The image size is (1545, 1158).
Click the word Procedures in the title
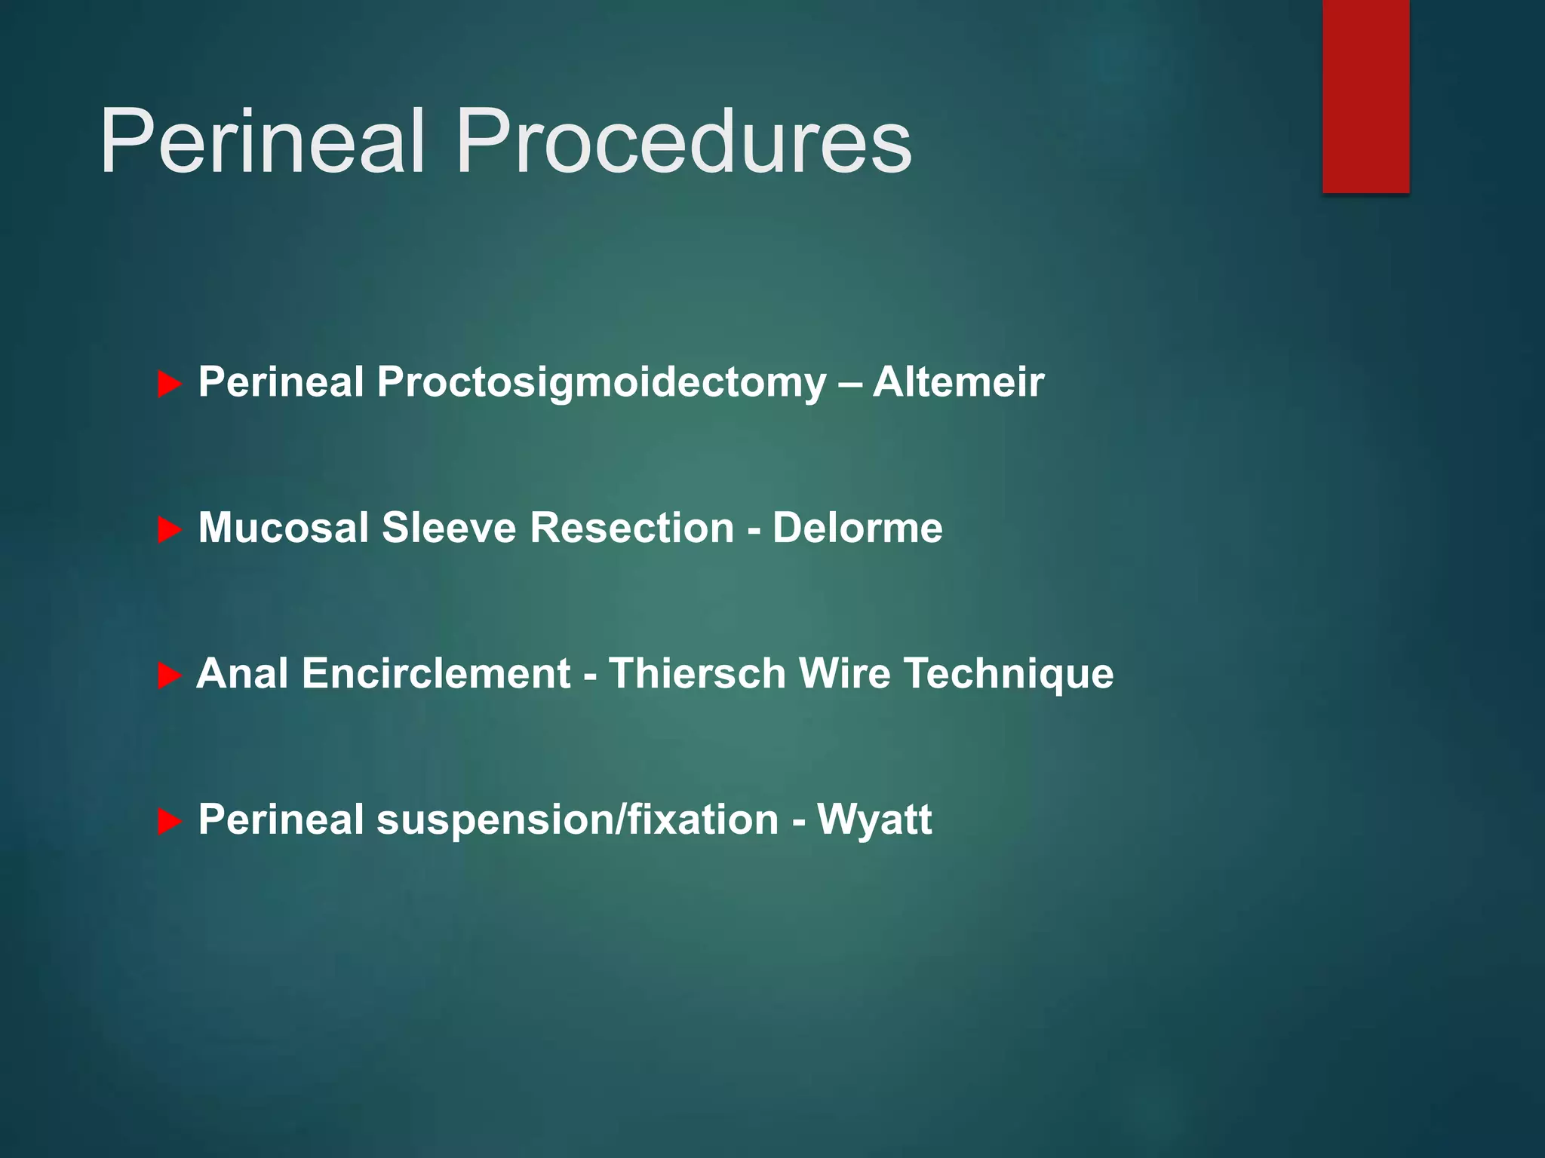(683, 142)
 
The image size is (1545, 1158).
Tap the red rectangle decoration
(1365, 96)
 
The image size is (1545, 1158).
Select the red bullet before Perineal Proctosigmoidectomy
(169, 384)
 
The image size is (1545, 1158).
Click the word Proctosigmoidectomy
(601, 383)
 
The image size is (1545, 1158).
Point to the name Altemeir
(958, 381)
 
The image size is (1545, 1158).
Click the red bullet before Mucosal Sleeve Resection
(169, 530)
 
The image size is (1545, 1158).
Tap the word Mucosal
(283, 528)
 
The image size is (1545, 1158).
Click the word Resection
(631, 528)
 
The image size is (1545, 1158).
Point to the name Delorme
(857, 528)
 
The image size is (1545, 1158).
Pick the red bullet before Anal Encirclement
(169, 675)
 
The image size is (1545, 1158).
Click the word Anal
(242, 673)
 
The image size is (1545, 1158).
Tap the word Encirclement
(436, 673)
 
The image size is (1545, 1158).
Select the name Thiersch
(697, 673)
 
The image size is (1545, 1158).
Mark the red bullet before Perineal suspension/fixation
(169, 821)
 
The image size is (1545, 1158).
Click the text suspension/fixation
(577, 820)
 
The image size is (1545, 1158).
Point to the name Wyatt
(874, 820)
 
